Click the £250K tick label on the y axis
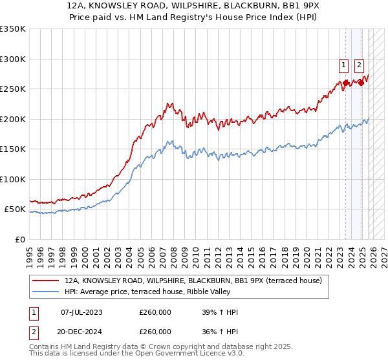click(13, 89)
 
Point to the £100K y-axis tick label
click(13, 180)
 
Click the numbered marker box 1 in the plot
click(343, 65)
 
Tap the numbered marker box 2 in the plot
click(359, 65)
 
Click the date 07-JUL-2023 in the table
click(81, 313)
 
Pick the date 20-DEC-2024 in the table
click(81, 332)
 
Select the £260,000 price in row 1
click(155, 313)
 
